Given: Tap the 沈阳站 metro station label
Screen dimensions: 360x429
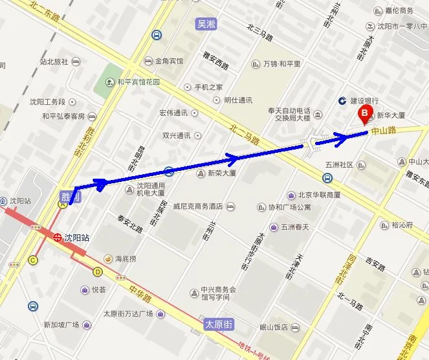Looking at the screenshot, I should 76,238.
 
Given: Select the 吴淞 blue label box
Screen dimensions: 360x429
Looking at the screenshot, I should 206,25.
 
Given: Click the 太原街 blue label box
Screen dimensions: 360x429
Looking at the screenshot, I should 218,324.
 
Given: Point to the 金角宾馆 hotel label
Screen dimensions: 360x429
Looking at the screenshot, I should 169,62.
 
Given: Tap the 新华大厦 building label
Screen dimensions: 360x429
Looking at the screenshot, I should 390,115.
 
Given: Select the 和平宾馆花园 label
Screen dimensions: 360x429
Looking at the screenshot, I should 138,82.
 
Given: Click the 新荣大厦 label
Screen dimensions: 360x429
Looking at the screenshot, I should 221,174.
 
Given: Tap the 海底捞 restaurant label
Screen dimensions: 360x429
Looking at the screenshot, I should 125,259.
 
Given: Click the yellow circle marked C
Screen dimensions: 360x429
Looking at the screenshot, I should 33,260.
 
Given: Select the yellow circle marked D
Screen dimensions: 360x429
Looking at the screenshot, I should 98,271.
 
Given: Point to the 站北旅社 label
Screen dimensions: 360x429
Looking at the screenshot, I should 54,62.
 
